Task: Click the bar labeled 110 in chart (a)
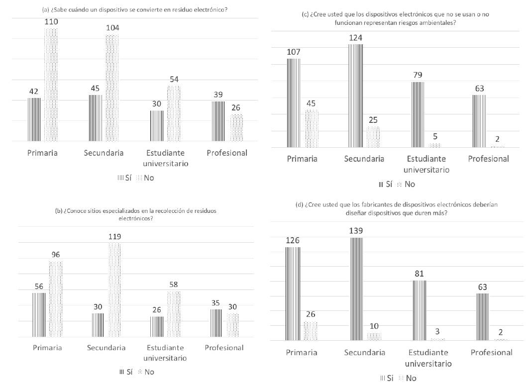tap(51, 85)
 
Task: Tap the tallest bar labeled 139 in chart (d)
tap(357, 289)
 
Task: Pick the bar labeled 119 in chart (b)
tap(114, 290)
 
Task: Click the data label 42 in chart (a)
tap(33, 92)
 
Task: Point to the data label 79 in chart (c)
tap(417, 75)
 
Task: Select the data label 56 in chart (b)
tap(39, 287)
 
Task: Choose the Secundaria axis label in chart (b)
tap(106, 347)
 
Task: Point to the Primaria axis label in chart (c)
tap(302, 159)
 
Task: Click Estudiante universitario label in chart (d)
tap(428, 358)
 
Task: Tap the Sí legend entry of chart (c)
tap(386, 184)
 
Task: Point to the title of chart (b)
tap(135, 214)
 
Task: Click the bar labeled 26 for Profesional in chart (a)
tap(236, 127)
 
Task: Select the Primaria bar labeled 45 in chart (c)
tap(312, 128)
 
